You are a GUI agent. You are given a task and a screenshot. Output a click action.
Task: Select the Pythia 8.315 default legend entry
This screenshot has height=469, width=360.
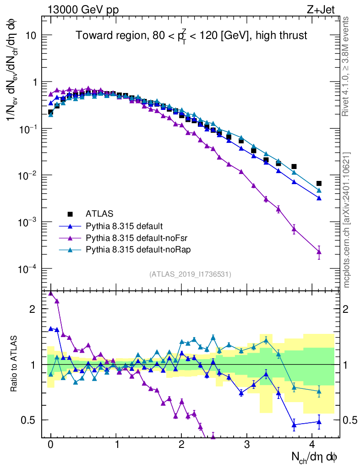[x=124, y=226]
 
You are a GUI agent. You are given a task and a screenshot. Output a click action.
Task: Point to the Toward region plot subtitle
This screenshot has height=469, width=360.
[x=191, y=36]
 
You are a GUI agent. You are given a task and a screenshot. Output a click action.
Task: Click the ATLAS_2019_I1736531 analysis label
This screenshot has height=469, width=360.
[x=190, y=274]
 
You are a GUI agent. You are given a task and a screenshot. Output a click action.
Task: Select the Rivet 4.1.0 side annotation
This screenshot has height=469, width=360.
[x=347, y=66]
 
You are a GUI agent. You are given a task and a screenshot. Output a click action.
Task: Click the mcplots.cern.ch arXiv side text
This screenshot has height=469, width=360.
[x=347, y=220]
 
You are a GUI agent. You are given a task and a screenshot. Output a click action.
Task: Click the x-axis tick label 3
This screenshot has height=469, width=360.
[x=247, y=445]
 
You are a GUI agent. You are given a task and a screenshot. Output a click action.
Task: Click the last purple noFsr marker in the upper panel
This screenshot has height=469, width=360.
[x=319, y=252]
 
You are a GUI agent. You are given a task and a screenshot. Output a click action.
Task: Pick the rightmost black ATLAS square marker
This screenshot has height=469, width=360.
[x=319, y=184]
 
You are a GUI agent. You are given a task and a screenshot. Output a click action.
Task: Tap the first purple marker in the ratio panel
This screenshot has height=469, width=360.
[x=51, y=293]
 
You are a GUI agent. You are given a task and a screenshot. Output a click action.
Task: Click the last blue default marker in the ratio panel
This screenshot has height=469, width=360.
[x=319, y=422]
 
